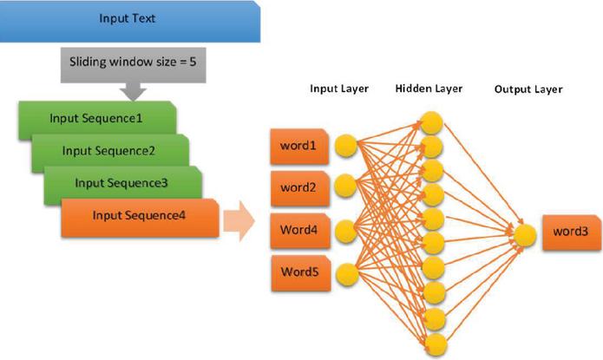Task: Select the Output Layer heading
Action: click(x=528, y=90)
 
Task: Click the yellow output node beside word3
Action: click(x=523, y=232)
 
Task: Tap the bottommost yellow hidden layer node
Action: click(x=432, y=338)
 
